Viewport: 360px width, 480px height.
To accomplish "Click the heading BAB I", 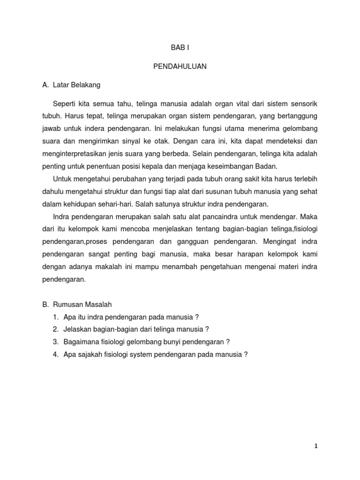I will (180, 48).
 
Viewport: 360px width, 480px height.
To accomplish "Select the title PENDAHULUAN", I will (180, 67).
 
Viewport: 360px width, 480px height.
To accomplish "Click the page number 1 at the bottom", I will (316, 447).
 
